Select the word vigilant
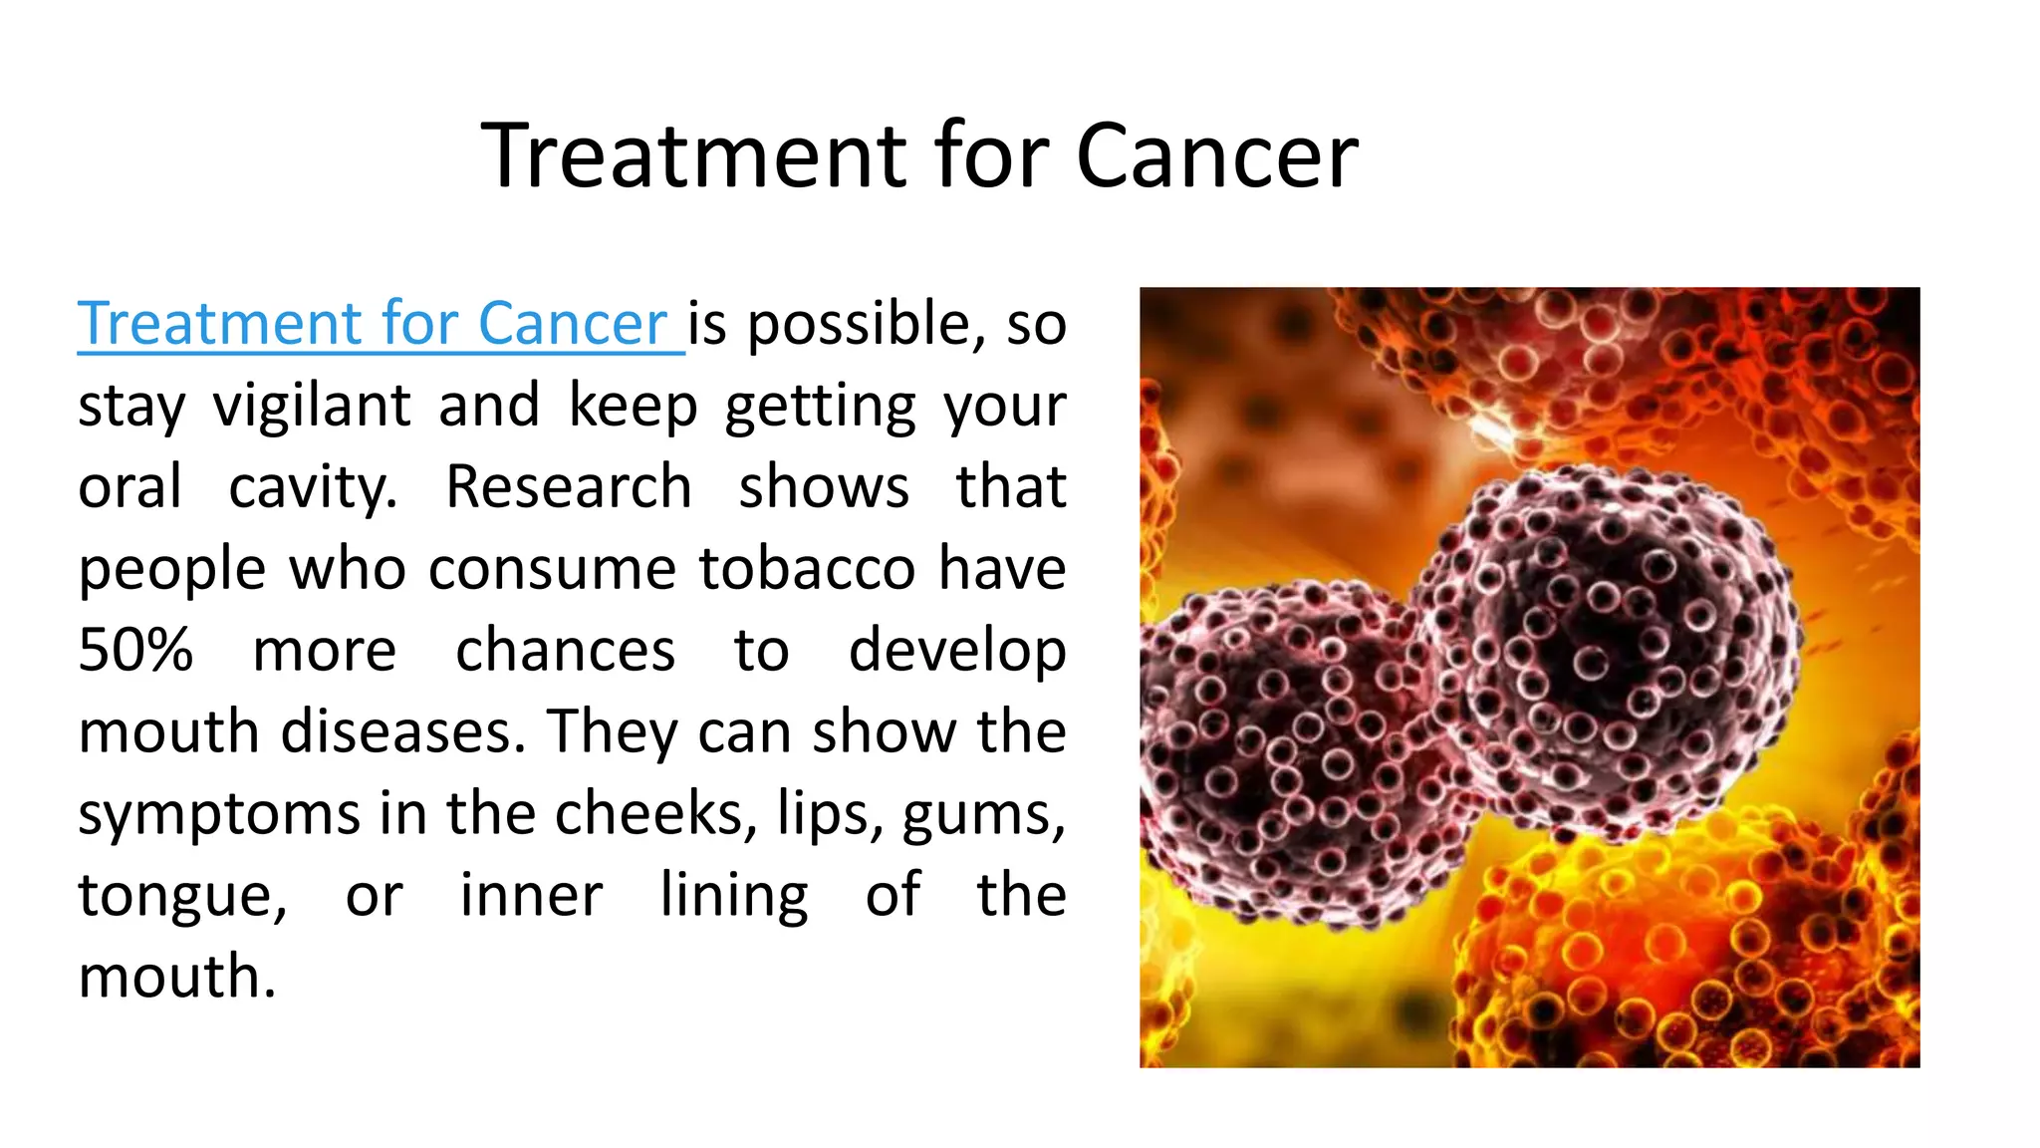[312, 406]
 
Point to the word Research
[568, 487]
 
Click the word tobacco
[806, 569]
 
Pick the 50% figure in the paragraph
[135, 650]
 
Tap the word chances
[565, 650]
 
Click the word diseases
[402, 731]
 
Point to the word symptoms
[218, 815]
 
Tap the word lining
[734, 895]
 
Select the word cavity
[313, 488]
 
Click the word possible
[859, 325]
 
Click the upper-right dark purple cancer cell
[1604, 648]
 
